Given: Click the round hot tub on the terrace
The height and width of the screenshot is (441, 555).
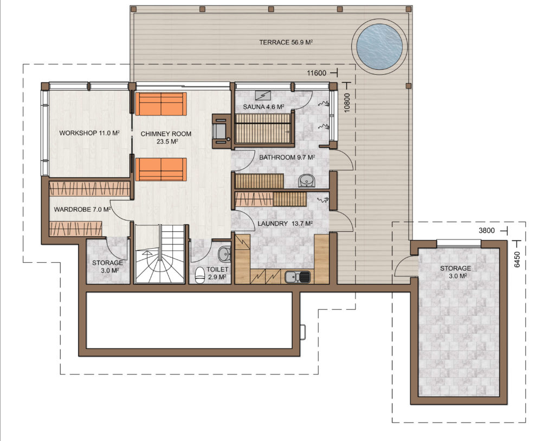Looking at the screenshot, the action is tap(379, 47).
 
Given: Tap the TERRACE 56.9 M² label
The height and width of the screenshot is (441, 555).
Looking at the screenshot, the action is tap(286, 42).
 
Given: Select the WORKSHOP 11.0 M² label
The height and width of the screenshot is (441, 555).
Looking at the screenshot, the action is tap(89, 133).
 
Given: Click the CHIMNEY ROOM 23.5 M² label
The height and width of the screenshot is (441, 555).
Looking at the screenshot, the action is tap(166, 138).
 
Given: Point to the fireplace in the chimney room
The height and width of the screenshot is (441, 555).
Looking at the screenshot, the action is tap(222, 131).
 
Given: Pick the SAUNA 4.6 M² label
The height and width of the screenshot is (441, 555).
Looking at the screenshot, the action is tap(264, 107).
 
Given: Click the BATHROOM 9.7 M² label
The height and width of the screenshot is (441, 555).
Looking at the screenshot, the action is tap(287, 157).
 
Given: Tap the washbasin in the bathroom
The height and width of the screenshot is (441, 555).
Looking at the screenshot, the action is tap(306, 180).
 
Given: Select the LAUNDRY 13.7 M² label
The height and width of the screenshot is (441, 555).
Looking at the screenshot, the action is tap(285, 224).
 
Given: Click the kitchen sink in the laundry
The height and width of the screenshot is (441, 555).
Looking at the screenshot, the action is tap(298, 277).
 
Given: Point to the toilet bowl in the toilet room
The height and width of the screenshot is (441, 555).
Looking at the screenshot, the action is tap(200, 275).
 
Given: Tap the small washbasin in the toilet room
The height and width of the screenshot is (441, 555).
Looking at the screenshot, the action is tap(224, 254).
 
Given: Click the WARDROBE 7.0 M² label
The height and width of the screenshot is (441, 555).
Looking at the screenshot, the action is tap(82, 210).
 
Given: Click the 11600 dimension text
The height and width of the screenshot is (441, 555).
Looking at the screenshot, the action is tap(317, 73).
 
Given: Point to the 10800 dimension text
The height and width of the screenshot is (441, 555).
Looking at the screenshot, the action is tap(347, 102).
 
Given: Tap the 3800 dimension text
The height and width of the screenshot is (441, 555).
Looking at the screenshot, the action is tap(487, 231).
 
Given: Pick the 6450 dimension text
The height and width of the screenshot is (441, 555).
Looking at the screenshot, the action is tap(517, 260).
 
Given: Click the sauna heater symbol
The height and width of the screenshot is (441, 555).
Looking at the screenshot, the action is tap(263, 95).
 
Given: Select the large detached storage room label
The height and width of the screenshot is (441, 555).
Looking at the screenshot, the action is tap(455, 272).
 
